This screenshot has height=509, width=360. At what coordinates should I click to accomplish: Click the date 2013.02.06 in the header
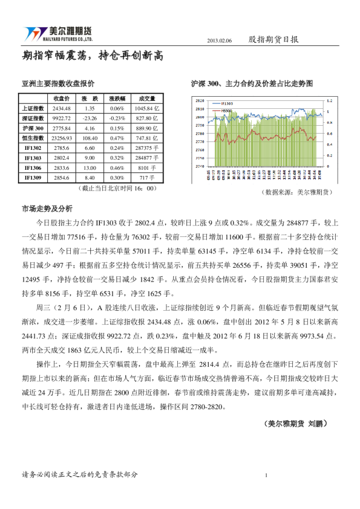click(220, 40)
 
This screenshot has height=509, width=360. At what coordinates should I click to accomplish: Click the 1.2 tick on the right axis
click(329, 100)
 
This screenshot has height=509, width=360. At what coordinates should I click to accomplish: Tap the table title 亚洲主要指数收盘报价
click(57, 83)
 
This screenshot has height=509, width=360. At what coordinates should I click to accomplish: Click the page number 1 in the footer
click(266, 475)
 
